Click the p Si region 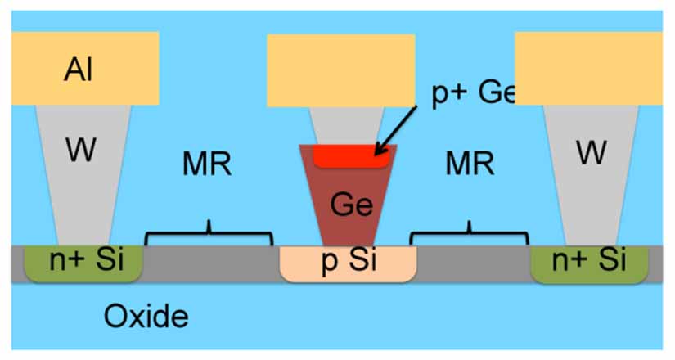348,263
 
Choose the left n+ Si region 82,263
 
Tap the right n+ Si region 588,263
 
